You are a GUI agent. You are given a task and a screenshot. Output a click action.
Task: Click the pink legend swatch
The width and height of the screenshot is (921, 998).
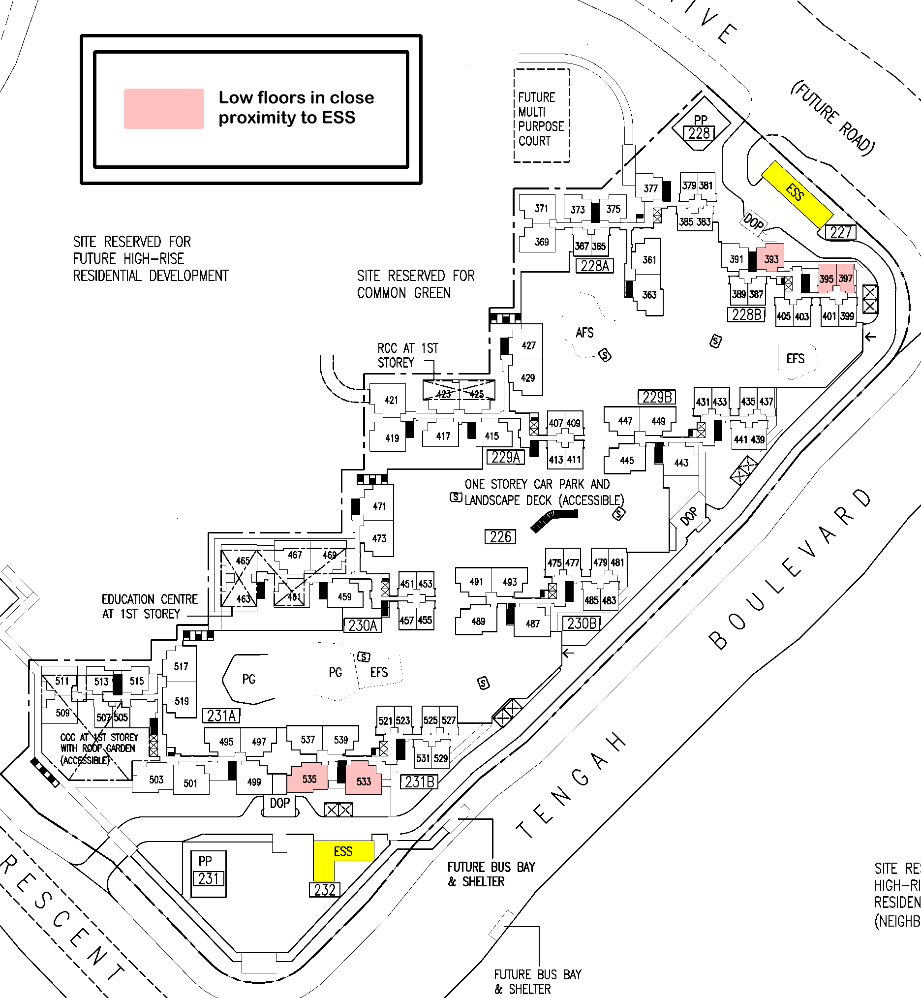(164, 109)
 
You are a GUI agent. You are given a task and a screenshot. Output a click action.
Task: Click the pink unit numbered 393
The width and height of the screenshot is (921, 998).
(770, 258)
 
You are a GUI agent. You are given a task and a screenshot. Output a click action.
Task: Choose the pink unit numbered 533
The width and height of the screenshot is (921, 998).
(364, 780)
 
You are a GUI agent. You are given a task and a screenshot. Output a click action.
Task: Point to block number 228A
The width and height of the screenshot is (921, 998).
(594, 266)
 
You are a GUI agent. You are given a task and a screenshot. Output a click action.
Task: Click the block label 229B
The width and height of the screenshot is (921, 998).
(657, 397)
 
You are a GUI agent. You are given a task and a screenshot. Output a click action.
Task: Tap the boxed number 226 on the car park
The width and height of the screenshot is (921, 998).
(500, 537)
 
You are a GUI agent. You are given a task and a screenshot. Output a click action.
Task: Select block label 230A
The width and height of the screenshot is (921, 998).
(362, 625)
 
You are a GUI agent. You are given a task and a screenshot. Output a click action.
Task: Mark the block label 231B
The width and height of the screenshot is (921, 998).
(419, 781)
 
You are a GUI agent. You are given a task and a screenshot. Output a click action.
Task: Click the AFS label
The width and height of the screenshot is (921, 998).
(584, 333)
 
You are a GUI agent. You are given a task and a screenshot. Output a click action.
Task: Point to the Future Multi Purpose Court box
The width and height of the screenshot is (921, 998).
(541, 116)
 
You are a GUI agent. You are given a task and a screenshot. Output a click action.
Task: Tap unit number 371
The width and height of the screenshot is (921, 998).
(541, 208)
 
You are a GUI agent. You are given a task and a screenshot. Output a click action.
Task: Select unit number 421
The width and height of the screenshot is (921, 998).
(391, 400)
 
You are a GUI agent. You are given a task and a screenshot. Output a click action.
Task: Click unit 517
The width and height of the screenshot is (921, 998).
(181, 666)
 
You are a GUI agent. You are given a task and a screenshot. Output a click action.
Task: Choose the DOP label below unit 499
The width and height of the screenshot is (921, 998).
(279, 803)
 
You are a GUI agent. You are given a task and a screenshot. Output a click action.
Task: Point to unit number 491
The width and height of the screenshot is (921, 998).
(476, 582)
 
